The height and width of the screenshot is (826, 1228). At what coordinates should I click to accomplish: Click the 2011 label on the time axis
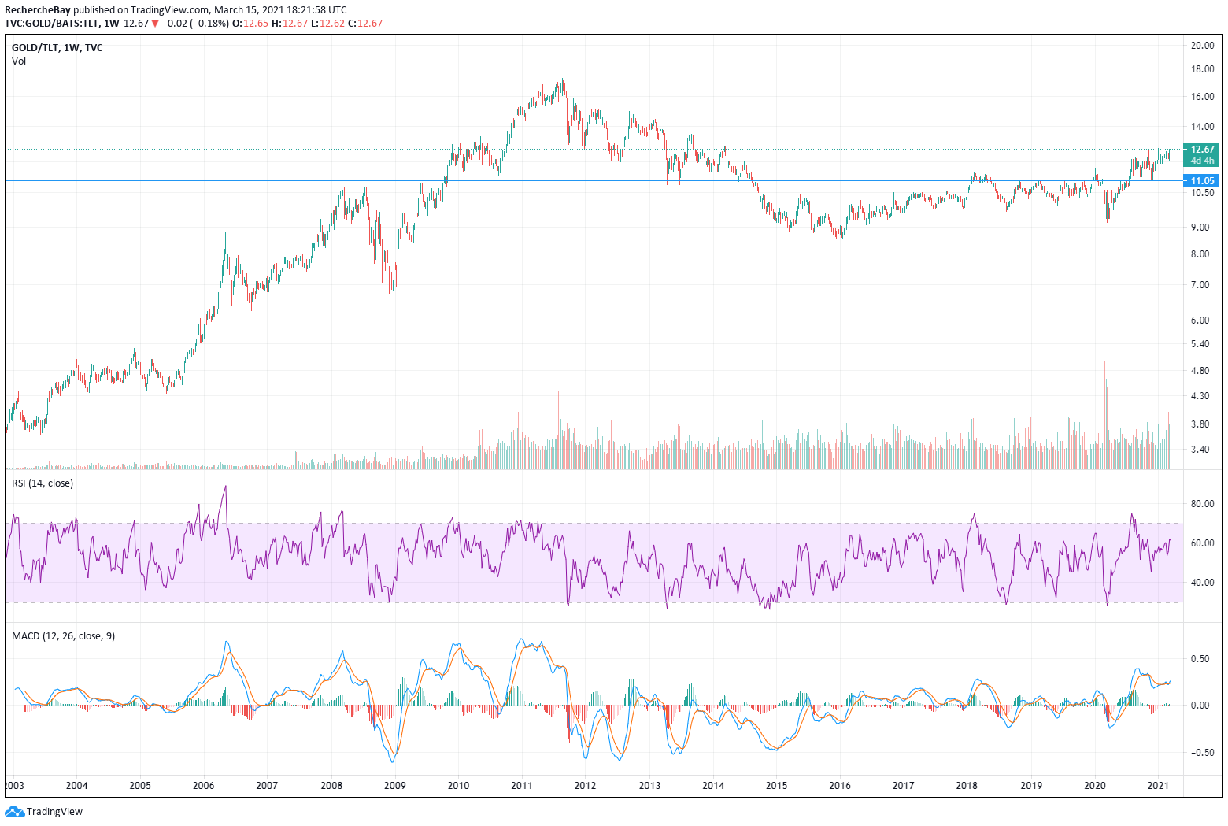tap(521, 785)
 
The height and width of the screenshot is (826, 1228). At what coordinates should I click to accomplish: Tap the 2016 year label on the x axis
tap(839, 785)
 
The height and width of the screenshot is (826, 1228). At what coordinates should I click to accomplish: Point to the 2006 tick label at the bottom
tap(203, 785)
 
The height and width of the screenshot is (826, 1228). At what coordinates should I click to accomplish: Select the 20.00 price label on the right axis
tap(1202, 46)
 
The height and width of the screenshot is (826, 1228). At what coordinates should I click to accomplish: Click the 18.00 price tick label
tap(1202, 69)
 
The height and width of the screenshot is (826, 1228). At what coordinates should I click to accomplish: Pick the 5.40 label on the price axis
tap(1200, 344)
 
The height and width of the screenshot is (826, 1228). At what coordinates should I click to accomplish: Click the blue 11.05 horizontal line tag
tap(1202, 181)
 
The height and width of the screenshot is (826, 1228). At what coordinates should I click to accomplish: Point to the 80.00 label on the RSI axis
tap(1202, 504)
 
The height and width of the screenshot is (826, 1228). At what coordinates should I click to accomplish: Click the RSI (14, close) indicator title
tap(43, 483)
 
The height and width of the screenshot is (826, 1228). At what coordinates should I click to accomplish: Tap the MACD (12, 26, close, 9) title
tap(63, 636)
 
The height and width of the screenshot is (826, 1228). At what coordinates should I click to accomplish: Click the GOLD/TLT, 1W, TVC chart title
tap(57, 48)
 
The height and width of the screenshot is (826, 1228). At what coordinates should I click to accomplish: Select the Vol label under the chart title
tap(19, 61)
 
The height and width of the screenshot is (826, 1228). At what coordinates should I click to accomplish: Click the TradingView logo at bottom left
tap(44, 812)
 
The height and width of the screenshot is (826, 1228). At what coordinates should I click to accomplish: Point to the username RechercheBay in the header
tap(38, 10)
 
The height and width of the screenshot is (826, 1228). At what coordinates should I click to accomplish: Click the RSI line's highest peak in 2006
tap(226, 487)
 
